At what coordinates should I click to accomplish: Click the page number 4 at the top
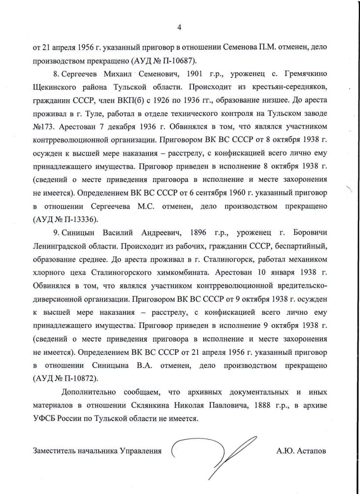point(179,27)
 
